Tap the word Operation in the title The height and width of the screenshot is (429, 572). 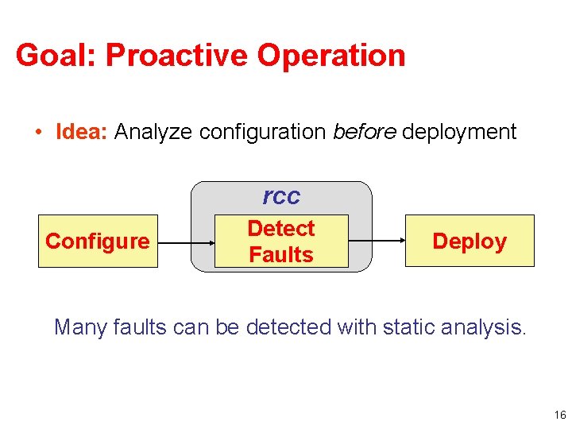(338, 56)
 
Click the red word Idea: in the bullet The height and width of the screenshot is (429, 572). (82, 131)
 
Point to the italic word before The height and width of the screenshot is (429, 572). (365, 131)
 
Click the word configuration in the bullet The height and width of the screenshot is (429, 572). (263, 131)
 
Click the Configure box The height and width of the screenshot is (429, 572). (98, 241)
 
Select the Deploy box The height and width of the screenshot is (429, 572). (470, 241)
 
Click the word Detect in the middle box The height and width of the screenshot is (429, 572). (281, 229)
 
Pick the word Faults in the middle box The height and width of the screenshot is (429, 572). (281, 254)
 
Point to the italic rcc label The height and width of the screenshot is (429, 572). (281, 196)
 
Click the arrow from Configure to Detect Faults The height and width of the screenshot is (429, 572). (186, 241)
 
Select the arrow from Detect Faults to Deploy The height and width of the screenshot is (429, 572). (377, 241)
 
